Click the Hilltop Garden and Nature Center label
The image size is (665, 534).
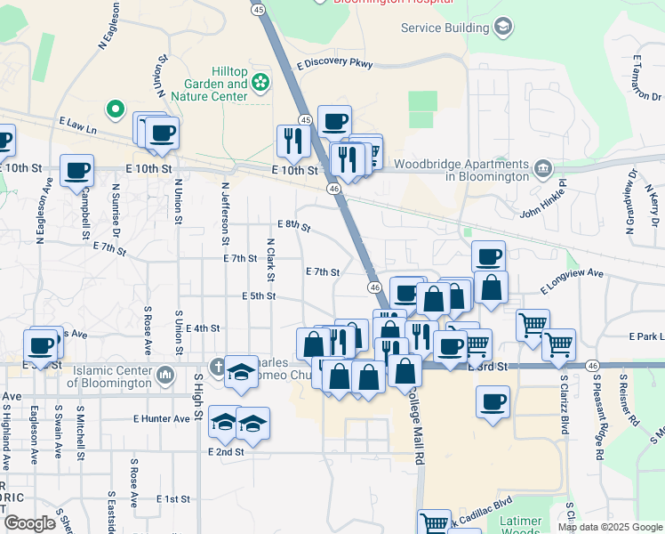click(x=216, y=84)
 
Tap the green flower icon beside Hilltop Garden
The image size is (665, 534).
click(x=260, y=84)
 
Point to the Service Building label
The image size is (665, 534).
click(x=445, y=28)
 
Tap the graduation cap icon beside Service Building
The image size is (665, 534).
click(x=503, y=27)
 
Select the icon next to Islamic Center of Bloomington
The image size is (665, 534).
click(x=164, y=376)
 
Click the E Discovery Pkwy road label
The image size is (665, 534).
click(x=335, y=64)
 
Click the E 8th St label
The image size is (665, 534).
click(x=293, y=226)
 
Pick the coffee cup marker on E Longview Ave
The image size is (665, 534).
click(x=488, y=257)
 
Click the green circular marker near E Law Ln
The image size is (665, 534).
click(x=115, y=110)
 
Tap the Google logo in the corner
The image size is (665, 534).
click(x=29, y=523)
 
